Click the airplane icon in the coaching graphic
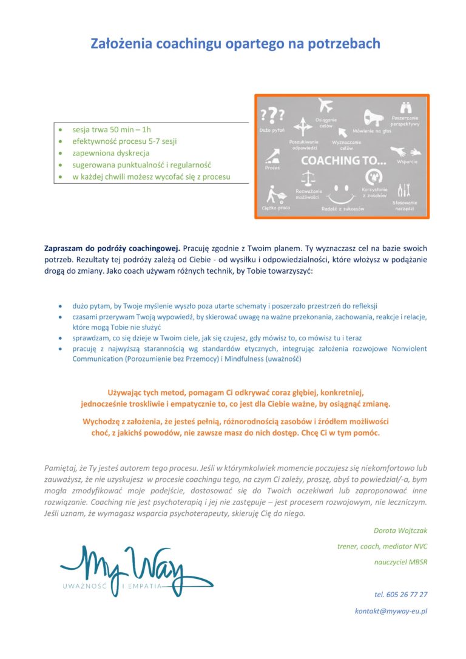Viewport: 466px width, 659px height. [x=326, y=106]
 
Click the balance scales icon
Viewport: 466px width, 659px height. [x=310, y=179]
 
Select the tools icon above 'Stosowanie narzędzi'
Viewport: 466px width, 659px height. [x=404, y=190]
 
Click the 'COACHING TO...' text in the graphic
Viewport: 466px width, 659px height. [x=342, y=161]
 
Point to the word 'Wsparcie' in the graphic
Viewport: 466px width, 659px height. [x=407, y=162]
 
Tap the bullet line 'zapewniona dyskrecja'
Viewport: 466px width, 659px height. [x=110, y=153]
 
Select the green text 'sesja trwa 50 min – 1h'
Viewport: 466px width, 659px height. [x=112, y=130]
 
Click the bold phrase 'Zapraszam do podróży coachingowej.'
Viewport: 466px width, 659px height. [x=112, y=248]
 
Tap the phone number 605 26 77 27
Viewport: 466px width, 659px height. [x=400, y=594]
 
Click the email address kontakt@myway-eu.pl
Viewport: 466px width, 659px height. [x=391, y=611]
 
